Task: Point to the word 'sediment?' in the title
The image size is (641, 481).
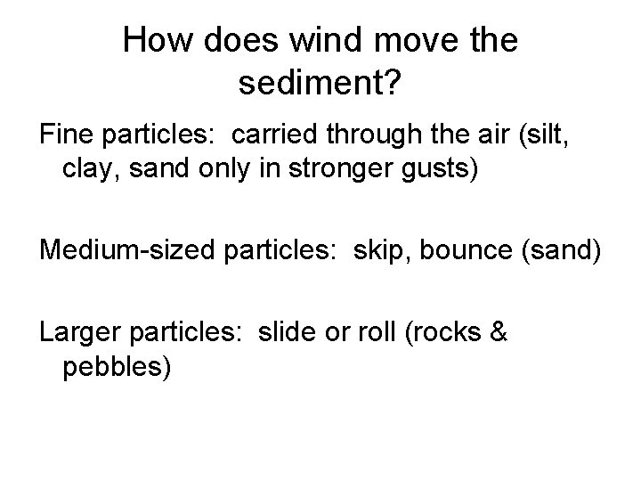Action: pyautogui.click(x=320, y=86)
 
